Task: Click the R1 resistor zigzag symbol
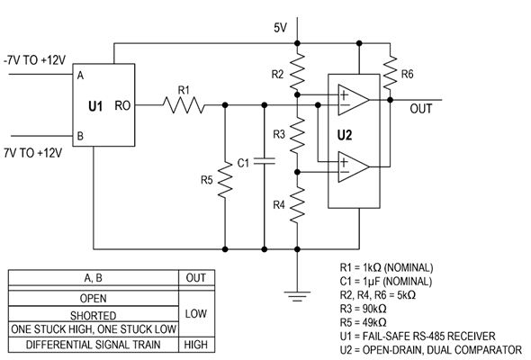184,105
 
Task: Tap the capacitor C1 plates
265,161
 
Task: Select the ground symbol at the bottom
297,296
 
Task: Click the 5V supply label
280,27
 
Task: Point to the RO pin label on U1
122,105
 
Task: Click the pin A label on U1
80,76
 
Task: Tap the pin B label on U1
80,136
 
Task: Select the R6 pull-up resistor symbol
390,73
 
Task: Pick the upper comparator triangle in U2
353,100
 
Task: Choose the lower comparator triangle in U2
353,166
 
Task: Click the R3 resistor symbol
297,135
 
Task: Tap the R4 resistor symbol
297,204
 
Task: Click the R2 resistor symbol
297,72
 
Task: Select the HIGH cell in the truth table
196,345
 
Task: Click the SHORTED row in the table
93,315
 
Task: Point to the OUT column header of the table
195,278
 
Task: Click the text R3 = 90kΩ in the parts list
363,309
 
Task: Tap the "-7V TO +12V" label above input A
34,60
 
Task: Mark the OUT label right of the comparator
421,109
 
